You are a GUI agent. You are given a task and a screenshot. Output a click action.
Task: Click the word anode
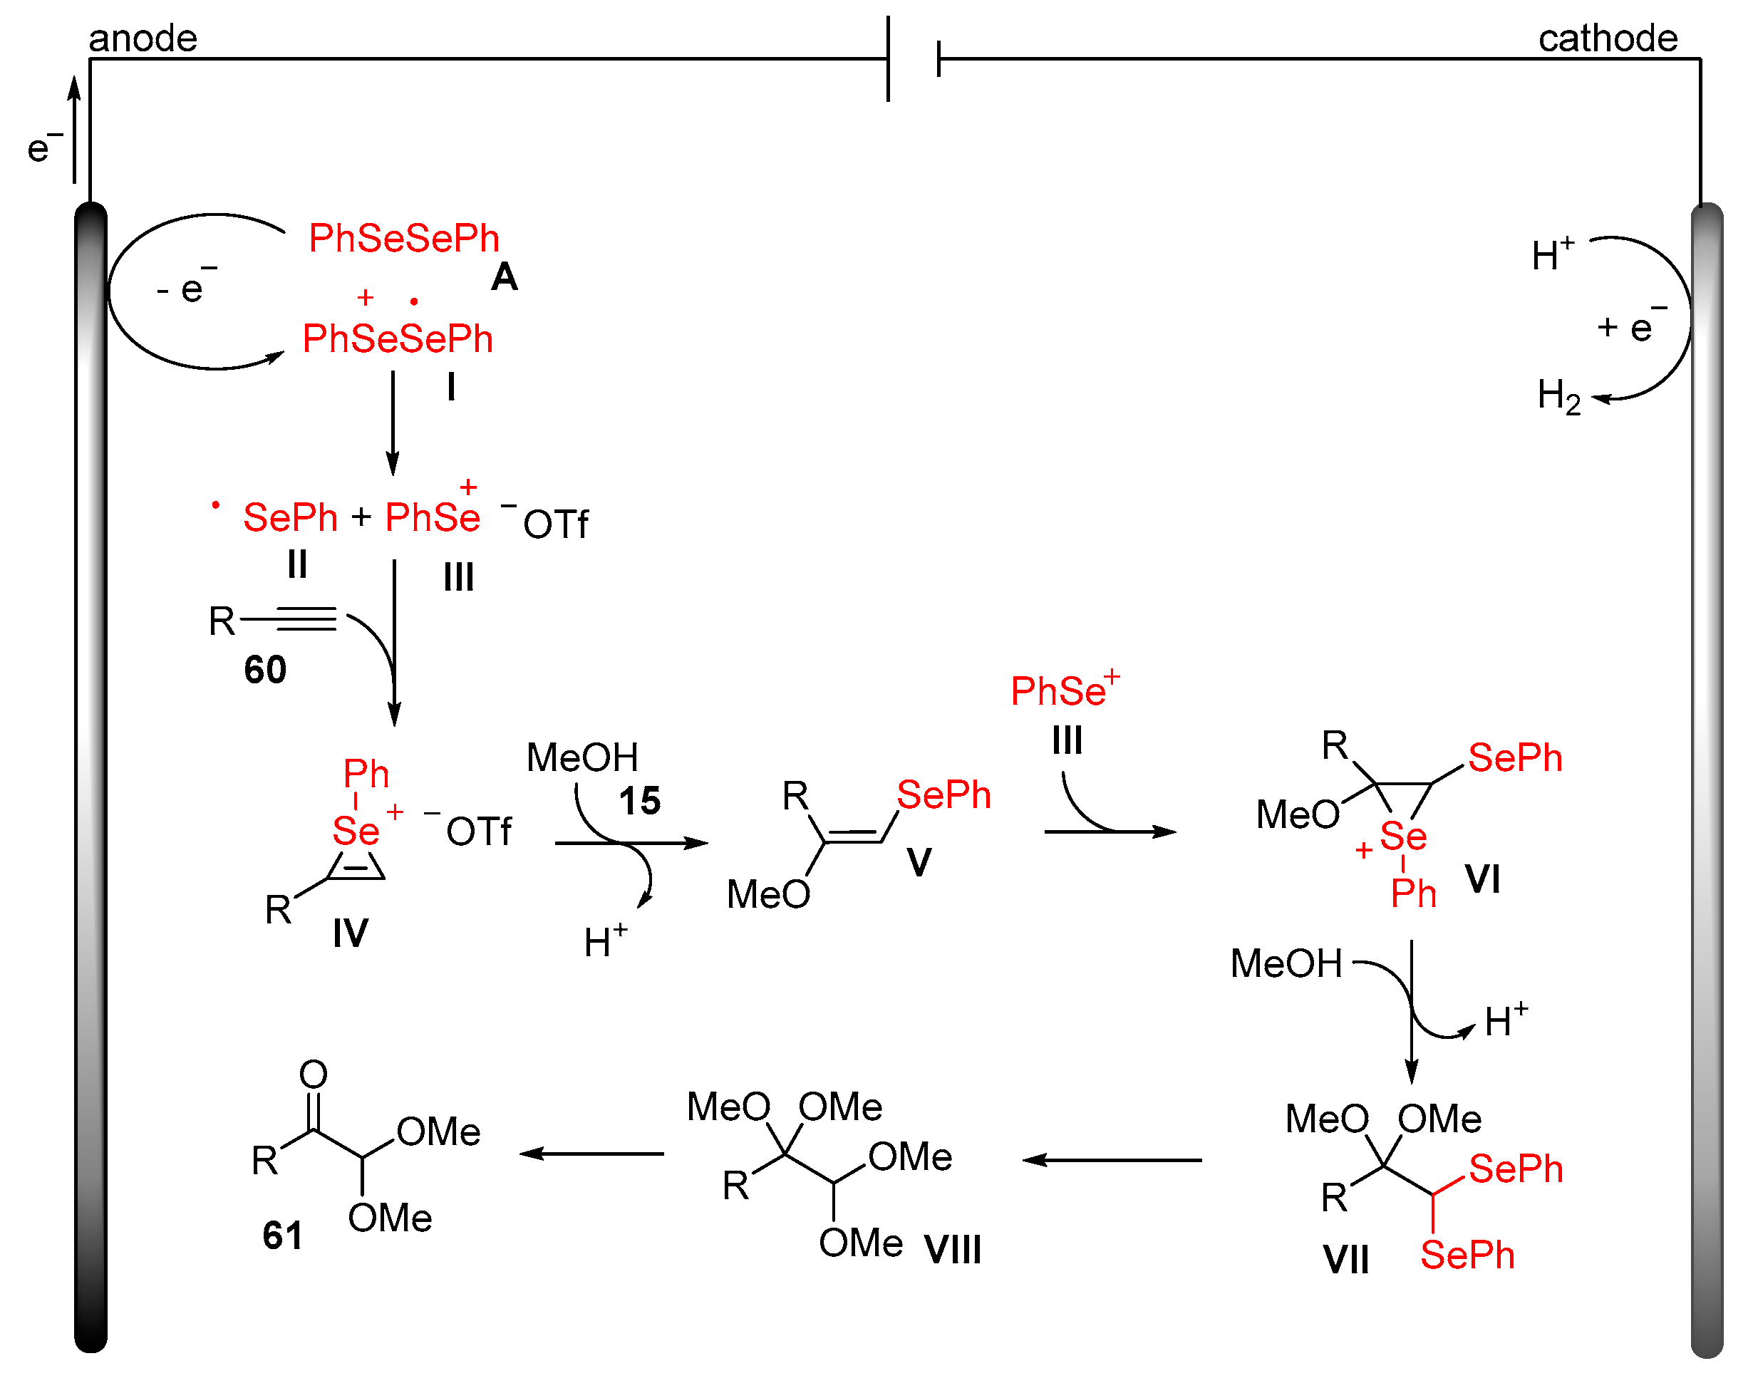[x=143, y=38]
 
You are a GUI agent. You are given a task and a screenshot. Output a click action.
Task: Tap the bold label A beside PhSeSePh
[x=504, y=277]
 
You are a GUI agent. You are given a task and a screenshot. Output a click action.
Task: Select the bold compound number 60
[x=265, y=670]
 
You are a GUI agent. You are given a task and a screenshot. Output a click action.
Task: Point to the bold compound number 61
[x=282, y=1236]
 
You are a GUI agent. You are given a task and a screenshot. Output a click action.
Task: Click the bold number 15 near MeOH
[x=639, y=801]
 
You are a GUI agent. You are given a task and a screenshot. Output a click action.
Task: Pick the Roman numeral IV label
[x=351, y=933]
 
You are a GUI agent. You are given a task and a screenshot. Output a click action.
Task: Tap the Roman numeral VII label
[x=1345, y=1260]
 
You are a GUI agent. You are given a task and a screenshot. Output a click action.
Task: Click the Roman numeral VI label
[x=1482, y=880]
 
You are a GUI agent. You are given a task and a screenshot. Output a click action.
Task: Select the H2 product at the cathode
[x=1558, y=396]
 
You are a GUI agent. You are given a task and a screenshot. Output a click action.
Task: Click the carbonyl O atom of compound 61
[x=313, y=1074]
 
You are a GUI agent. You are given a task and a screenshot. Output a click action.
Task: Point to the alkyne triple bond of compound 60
[x=306, y=619]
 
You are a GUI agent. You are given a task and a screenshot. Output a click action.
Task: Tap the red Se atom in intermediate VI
[x=1402, y=836]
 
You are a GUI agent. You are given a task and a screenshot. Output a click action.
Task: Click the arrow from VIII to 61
[x=592, y=1154]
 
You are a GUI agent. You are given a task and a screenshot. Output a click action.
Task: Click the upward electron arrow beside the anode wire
[x=74, y=130]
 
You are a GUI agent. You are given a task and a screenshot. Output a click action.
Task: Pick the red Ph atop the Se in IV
[x=366, y=774]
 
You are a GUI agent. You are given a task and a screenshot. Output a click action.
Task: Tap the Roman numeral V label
[x=919, y=863]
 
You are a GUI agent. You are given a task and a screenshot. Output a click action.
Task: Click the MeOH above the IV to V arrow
[x=582, y=758]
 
